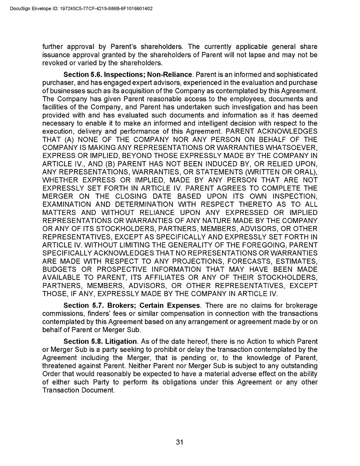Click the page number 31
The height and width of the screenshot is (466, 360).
pos(180,441)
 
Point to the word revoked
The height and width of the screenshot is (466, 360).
pos(56,63)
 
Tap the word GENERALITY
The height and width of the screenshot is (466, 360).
pos(192,245)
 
